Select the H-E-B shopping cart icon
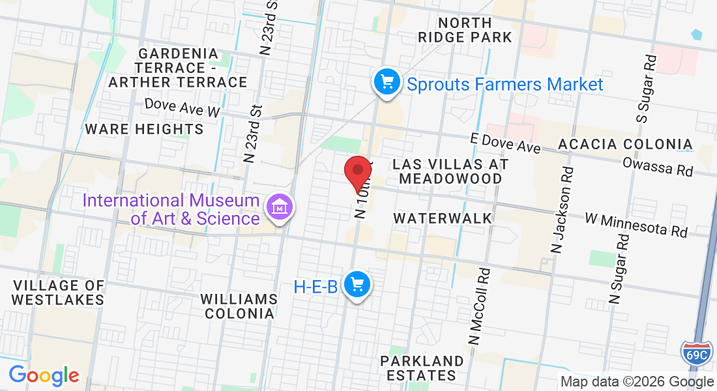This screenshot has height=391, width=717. coord(357,285)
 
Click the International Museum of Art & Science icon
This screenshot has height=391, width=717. coord(280,208)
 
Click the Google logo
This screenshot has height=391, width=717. coord(44,375)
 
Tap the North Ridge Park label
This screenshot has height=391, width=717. coord(465,30)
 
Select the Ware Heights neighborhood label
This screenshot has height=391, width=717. coord(145,129)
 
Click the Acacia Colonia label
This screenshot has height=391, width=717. coord(624,144)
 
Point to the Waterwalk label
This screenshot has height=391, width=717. coord(443,218)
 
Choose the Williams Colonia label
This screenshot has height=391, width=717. coord(238,306)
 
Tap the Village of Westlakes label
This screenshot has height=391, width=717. coord(58,293)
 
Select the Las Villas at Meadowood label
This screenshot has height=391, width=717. coord(450,171)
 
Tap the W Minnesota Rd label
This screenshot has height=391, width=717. coord(636,224)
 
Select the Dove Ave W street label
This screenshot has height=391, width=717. coord(183,108)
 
